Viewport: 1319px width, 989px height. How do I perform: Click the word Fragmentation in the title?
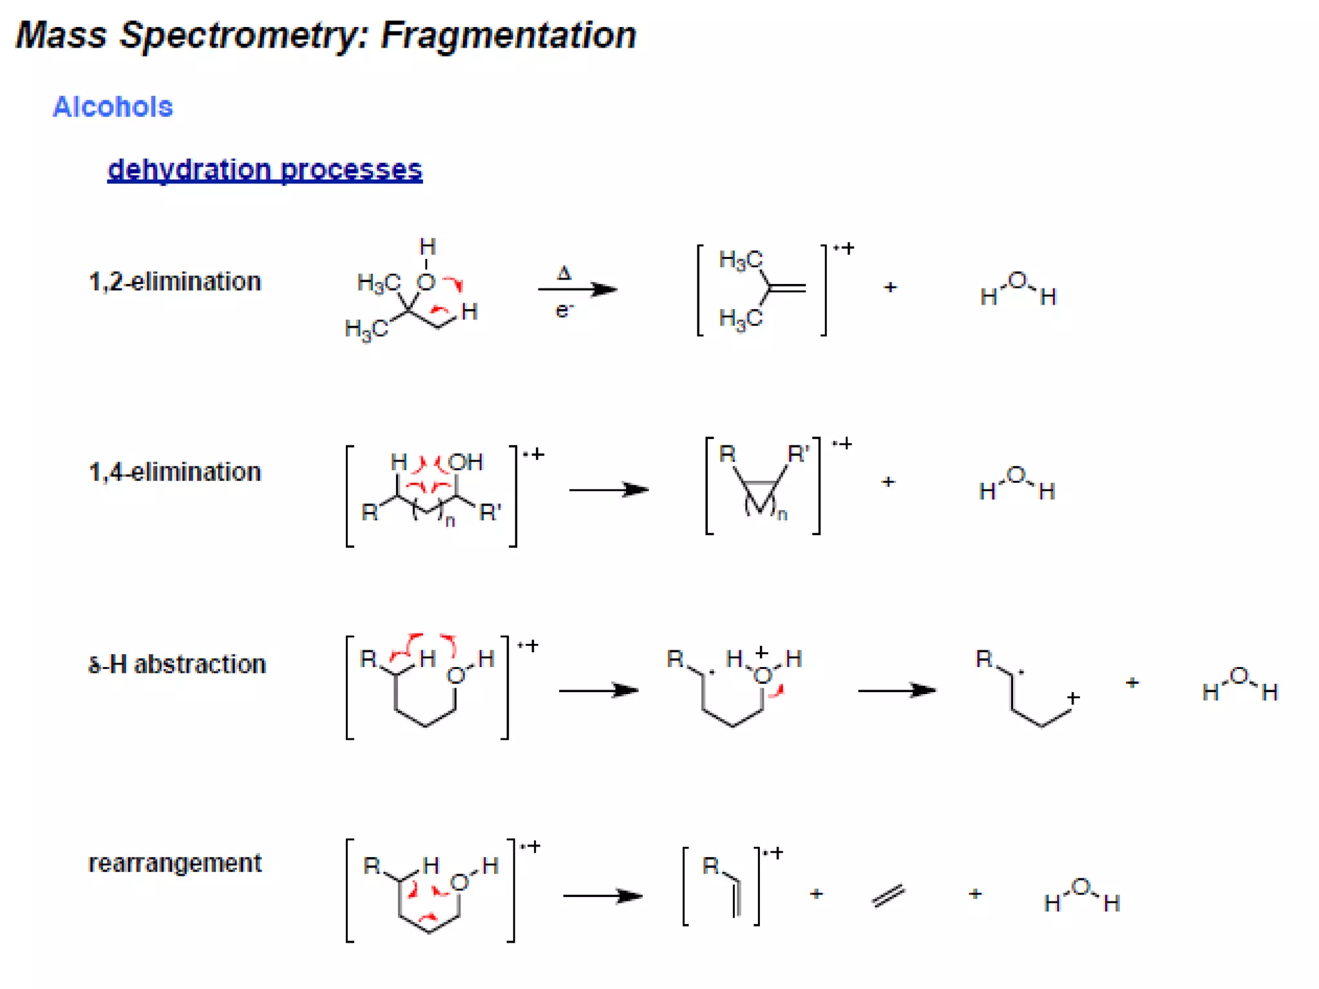coord(508,35)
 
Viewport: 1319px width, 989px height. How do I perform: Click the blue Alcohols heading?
coord(113,107)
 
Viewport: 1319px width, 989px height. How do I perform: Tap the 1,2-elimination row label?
coord(175,282)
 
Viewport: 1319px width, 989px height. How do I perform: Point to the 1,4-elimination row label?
coord(175,473)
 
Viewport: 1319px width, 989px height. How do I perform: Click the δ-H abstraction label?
coord(176,664)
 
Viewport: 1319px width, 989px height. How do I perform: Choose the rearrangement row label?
coord(175,863)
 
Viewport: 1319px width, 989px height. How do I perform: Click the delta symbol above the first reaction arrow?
coord(564,273)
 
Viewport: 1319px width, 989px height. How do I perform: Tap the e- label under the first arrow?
coord(564,310)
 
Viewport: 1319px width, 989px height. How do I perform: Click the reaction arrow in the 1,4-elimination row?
coord(608,491)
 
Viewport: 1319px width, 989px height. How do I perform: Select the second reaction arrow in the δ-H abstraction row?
coord(897,691)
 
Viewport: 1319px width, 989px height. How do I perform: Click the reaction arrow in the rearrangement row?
coord(602,896)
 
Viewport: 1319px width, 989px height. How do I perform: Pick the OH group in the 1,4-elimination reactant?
coord(465,462)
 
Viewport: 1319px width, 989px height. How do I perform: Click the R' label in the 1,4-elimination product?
coord(798,454)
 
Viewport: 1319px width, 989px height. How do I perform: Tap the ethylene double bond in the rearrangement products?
coord(889,895)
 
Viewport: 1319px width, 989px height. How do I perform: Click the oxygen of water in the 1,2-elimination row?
coord(1017,281)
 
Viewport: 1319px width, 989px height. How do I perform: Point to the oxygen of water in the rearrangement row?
coord(1081,887)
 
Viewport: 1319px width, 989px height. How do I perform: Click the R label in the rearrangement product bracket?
coord(710,865)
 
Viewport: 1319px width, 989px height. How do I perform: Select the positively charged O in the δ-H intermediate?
coord(763,675)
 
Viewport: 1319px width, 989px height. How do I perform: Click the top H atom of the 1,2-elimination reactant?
coord(428,247)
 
